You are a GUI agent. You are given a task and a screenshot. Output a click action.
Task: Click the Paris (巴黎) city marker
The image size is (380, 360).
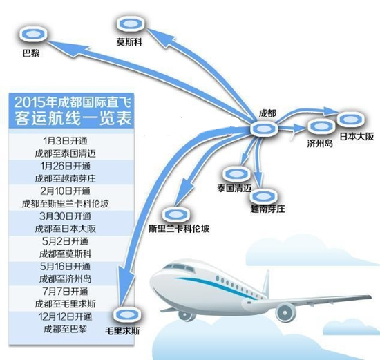click(33, 34)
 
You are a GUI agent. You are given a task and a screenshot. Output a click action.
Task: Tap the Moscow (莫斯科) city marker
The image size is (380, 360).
click(131, 23)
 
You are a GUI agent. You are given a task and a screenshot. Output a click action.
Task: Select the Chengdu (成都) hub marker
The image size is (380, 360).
click(264, 129)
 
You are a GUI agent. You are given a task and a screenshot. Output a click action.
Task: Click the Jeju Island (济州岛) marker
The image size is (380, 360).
click(321, 126)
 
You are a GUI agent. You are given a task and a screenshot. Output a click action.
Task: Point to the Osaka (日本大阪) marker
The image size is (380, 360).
click(351, 119)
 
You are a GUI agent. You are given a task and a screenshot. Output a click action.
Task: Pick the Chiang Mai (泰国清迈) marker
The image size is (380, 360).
click(236, 174)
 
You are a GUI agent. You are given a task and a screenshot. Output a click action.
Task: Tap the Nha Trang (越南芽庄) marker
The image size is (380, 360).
click(264, 196)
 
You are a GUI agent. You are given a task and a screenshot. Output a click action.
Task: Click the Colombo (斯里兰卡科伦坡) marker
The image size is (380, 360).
click(176, 214)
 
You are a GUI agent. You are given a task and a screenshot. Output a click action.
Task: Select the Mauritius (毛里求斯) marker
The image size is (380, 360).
click(127, 314)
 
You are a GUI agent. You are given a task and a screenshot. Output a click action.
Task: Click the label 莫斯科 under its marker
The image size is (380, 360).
click(129, 42)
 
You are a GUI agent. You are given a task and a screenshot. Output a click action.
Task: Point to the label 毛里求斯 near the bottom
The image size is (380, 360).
click(122, 331)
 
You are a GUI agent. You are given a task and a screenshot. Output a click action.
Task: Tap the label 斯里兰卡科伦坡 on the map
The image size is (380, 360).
click(179, 229)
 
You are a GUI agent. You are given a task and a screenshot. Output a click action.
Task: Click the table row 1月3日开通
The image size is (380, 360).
click(65, 141)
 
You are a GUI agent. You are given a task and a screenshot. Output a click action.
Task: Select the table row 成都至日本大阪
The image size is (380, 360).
click(66, 229)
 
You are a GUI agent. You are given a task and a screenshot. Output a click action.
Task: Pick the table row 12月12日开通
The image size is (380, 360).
click(65, 316)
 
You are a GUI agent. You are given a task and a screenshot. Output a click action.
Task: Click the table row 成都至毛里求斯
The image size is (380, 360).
click(66, 304)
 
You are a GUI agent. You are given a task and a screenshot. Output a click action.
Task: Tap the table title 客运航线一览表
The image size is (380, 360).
click(73, 118)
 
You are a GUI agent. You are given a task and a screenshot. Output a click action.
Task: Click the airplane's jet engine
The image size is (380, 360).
click(286, 313)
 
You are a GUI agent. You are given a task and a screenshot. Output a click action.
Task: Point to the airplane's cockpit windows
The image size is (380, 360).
click(179, 267)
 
